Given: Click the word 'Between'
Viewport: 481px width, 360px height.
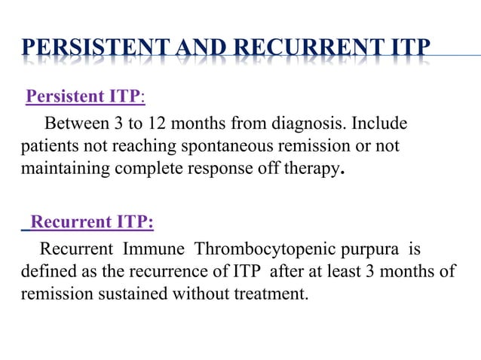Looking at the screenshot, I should pos(75,123).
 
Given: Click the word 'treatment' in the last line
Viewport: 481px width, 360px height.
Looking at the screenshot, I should pos(273,293).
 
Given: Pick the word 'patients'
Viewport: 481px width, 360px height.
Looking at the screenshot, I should pos(47,145).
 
